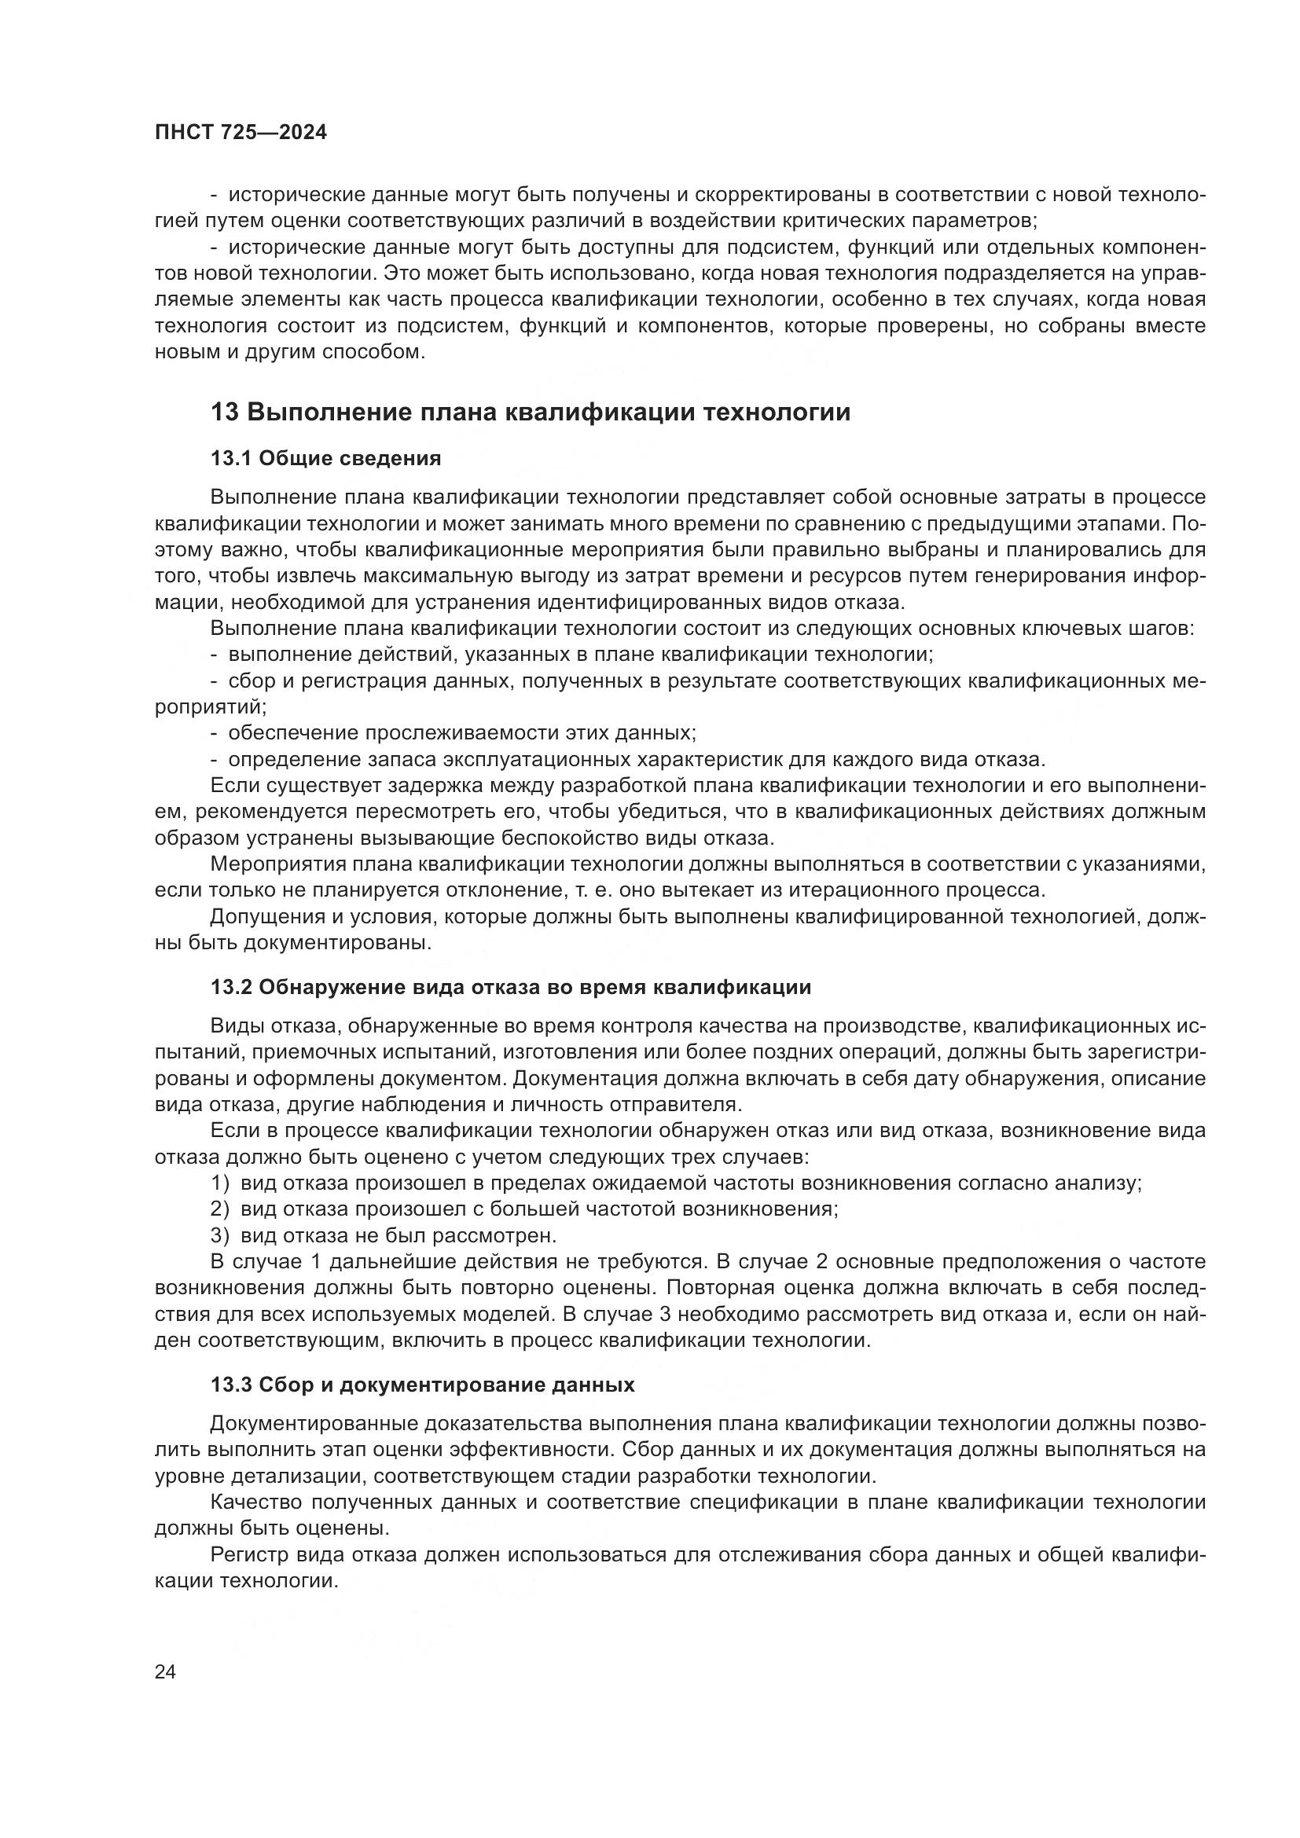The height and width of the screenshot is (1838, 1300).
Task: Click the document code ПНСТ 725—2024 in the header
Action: point(241,133)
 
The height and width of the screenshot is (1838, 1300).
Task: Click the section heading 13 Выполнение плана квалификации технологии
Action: point(530,413)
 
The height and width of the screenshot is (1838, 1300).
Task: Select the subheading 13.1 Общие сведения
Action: point(326,459)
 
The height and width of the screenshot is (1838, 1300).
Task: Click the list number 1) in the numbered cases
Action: point(220,1183)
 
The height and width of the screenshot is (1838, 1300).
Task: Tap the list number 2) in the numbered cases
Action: point(220,1209)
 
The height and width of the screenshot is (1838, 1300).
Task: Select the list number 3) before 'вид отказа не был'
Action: point(220,1235)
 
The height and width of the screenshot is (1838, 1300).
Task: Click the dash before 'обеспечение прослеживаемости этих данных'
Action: point(215,733)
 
